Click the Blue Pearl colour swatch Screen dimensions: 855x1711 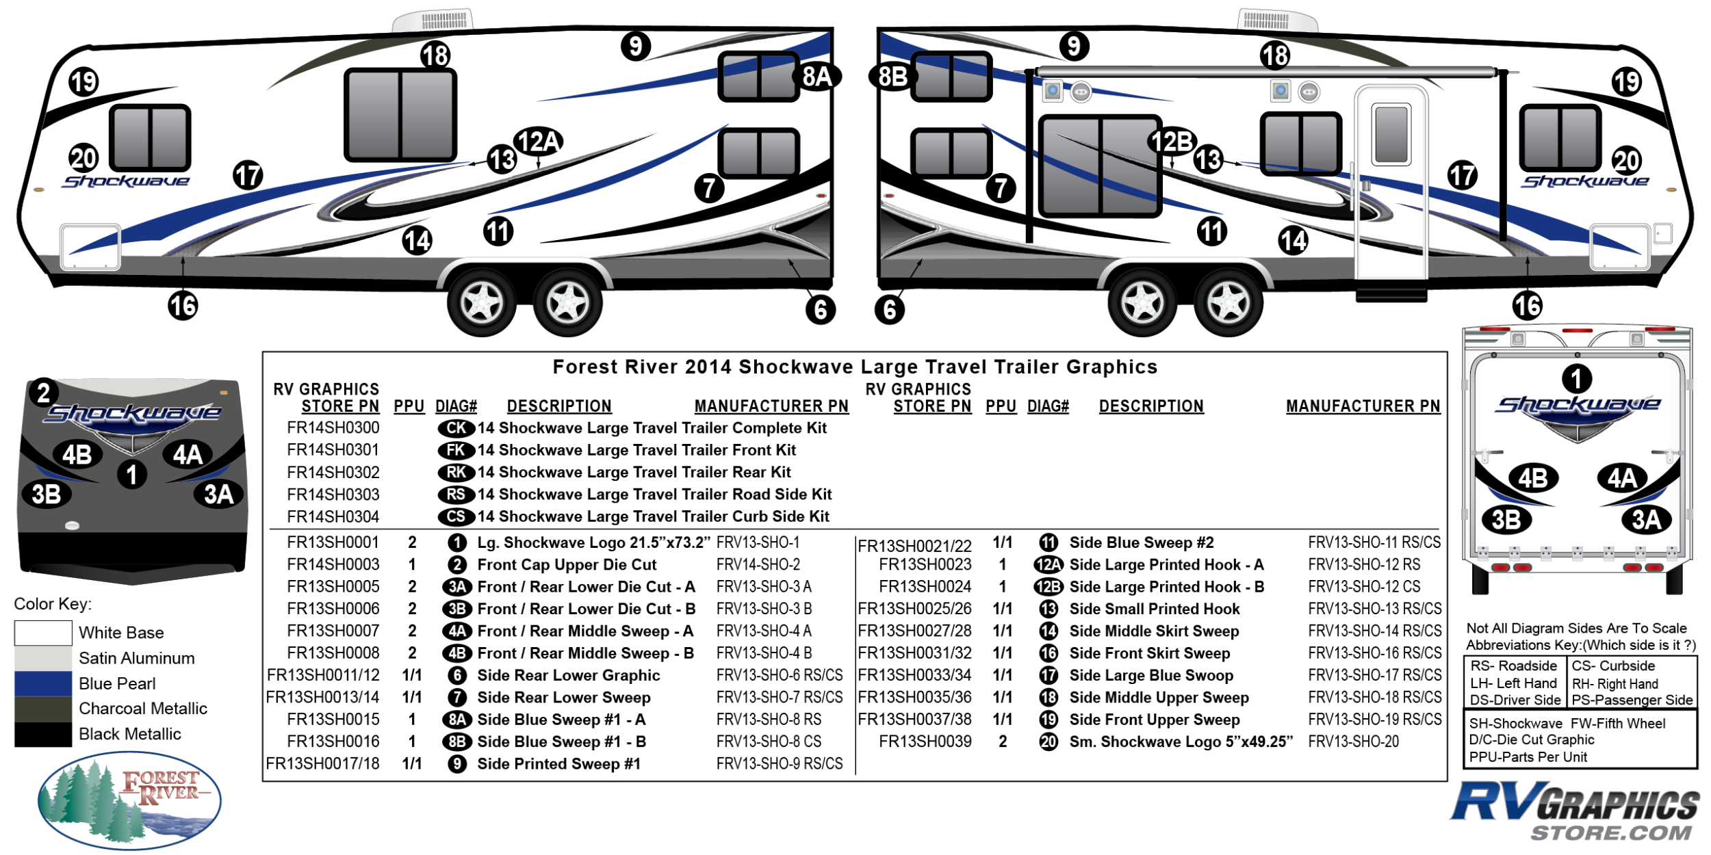pyautogui.click(x=42, y=683)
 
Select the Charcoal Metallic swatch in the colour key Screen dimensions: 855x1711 pyautogui.click(x=42, y=708)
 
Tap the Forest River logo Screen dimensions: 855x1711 pyautogui.click(x=129, y=800)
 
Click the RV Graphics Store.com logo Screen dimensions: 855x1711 pyautogui.click(x=1574, y=811)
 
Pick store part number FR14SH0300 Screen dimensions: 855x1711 pyautogui.click(x=333, y=428)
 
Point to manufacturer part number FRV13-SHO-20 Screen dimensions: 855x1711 pyautogui.click(x=1353, y=741)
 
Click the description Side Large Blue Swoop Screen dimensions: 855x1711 pyautogui.click(x=1151, y=676)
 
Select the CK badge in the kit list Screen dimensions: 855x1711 pyautogui.click(x=456, y=428)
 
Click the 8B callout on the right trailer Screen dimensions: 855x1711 pyautogui.click(x=892, y=76)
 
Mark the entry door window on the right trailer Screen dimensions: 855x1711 pyautogui.click(x=1391, y=134)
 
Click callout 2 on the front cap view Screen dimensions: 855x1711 pyautogui.click(x=44, y=393)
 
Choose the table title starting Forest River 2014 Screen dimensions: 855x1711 pyautogui.click(x=855, y=367)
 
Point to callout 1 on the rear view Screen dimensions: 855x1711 pyautogui.click(x=1577, y=378)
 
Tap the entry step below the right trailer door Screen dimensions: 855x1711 pyautogui.click(x=1391, y=295)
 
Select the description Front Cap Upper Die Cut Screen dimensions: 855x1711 pyautogui.click(x=567, y=565)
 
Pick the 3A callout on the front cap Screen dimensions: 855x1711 pyautogui.click(x=219, y=494)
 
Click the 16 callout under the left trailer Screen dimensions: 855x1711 pyautogui.click(x=183, y=305)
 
